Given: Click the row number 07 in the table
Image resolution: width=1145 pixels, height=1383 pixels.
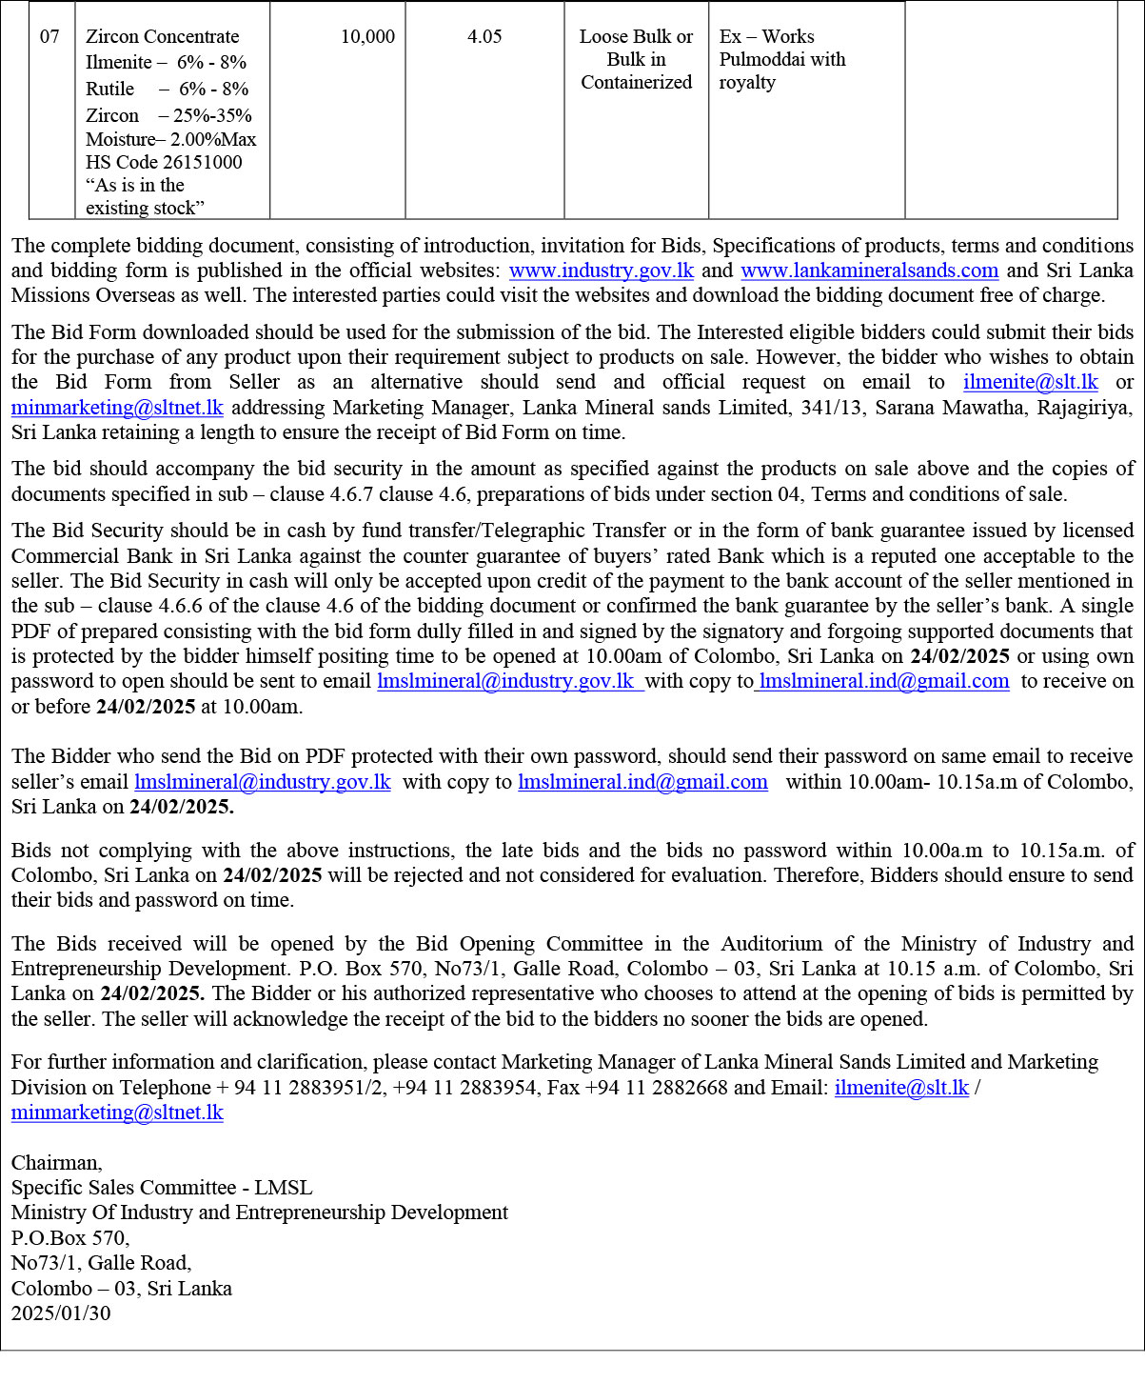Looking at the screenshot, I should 49,37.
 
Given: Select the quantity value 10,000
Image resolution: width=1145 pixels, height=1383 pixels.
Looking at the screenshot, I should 367,37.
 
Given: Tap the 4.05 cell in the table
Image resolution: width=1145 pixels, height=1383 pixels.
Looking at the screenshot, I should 484,37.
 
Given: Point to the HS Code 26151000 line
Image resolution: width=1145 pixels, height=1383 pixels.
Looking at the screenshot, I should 164,162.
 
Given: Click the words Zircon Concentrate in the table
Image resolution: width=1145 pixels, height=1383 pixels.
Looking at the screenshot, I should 163,37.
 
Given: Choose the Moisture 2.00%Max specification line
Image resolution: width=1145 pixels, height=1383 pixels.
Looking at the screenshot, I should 171,139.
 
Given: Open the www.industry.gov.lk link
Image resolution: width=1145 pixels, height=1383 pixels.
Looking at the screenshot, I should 602,271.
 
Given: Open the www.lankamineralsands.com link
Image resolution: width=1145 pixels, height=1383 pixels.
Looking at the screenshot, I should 869,271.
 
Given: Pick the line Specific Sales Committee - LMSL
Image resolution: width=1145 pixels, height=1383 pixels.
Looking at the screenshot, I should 162,1188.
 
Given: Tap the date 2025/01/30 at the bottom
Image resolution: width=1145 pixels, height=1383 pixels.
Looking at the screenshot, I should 61,1313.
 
